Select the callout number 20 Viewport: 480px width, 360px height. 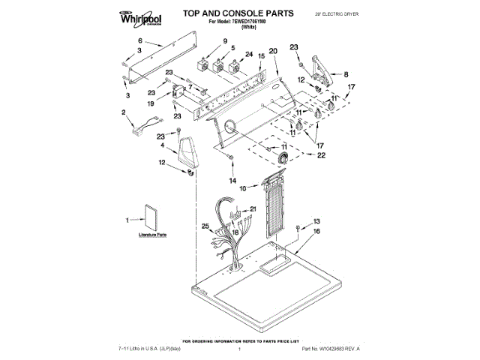tap(273, 50)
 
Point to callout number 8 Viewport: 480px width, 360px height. tap(346, 74)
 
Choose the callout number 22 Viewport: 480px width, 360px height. tap(322, 155)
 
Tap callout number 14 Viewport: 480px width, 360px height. tap(232, 181)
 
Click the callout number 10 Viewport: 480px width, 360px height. tap(242, 189)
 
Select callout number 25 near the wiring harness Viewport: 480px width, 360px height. tap(205, 226)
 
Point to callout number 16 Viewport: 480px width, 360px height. tap(316, 232)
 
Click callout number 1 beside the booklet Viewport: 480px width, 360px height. tap(127, 220)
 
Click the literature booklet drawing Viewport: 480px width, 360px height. tap(151, 217)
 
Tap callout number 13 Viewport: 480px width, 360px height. tap(316, 221)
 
